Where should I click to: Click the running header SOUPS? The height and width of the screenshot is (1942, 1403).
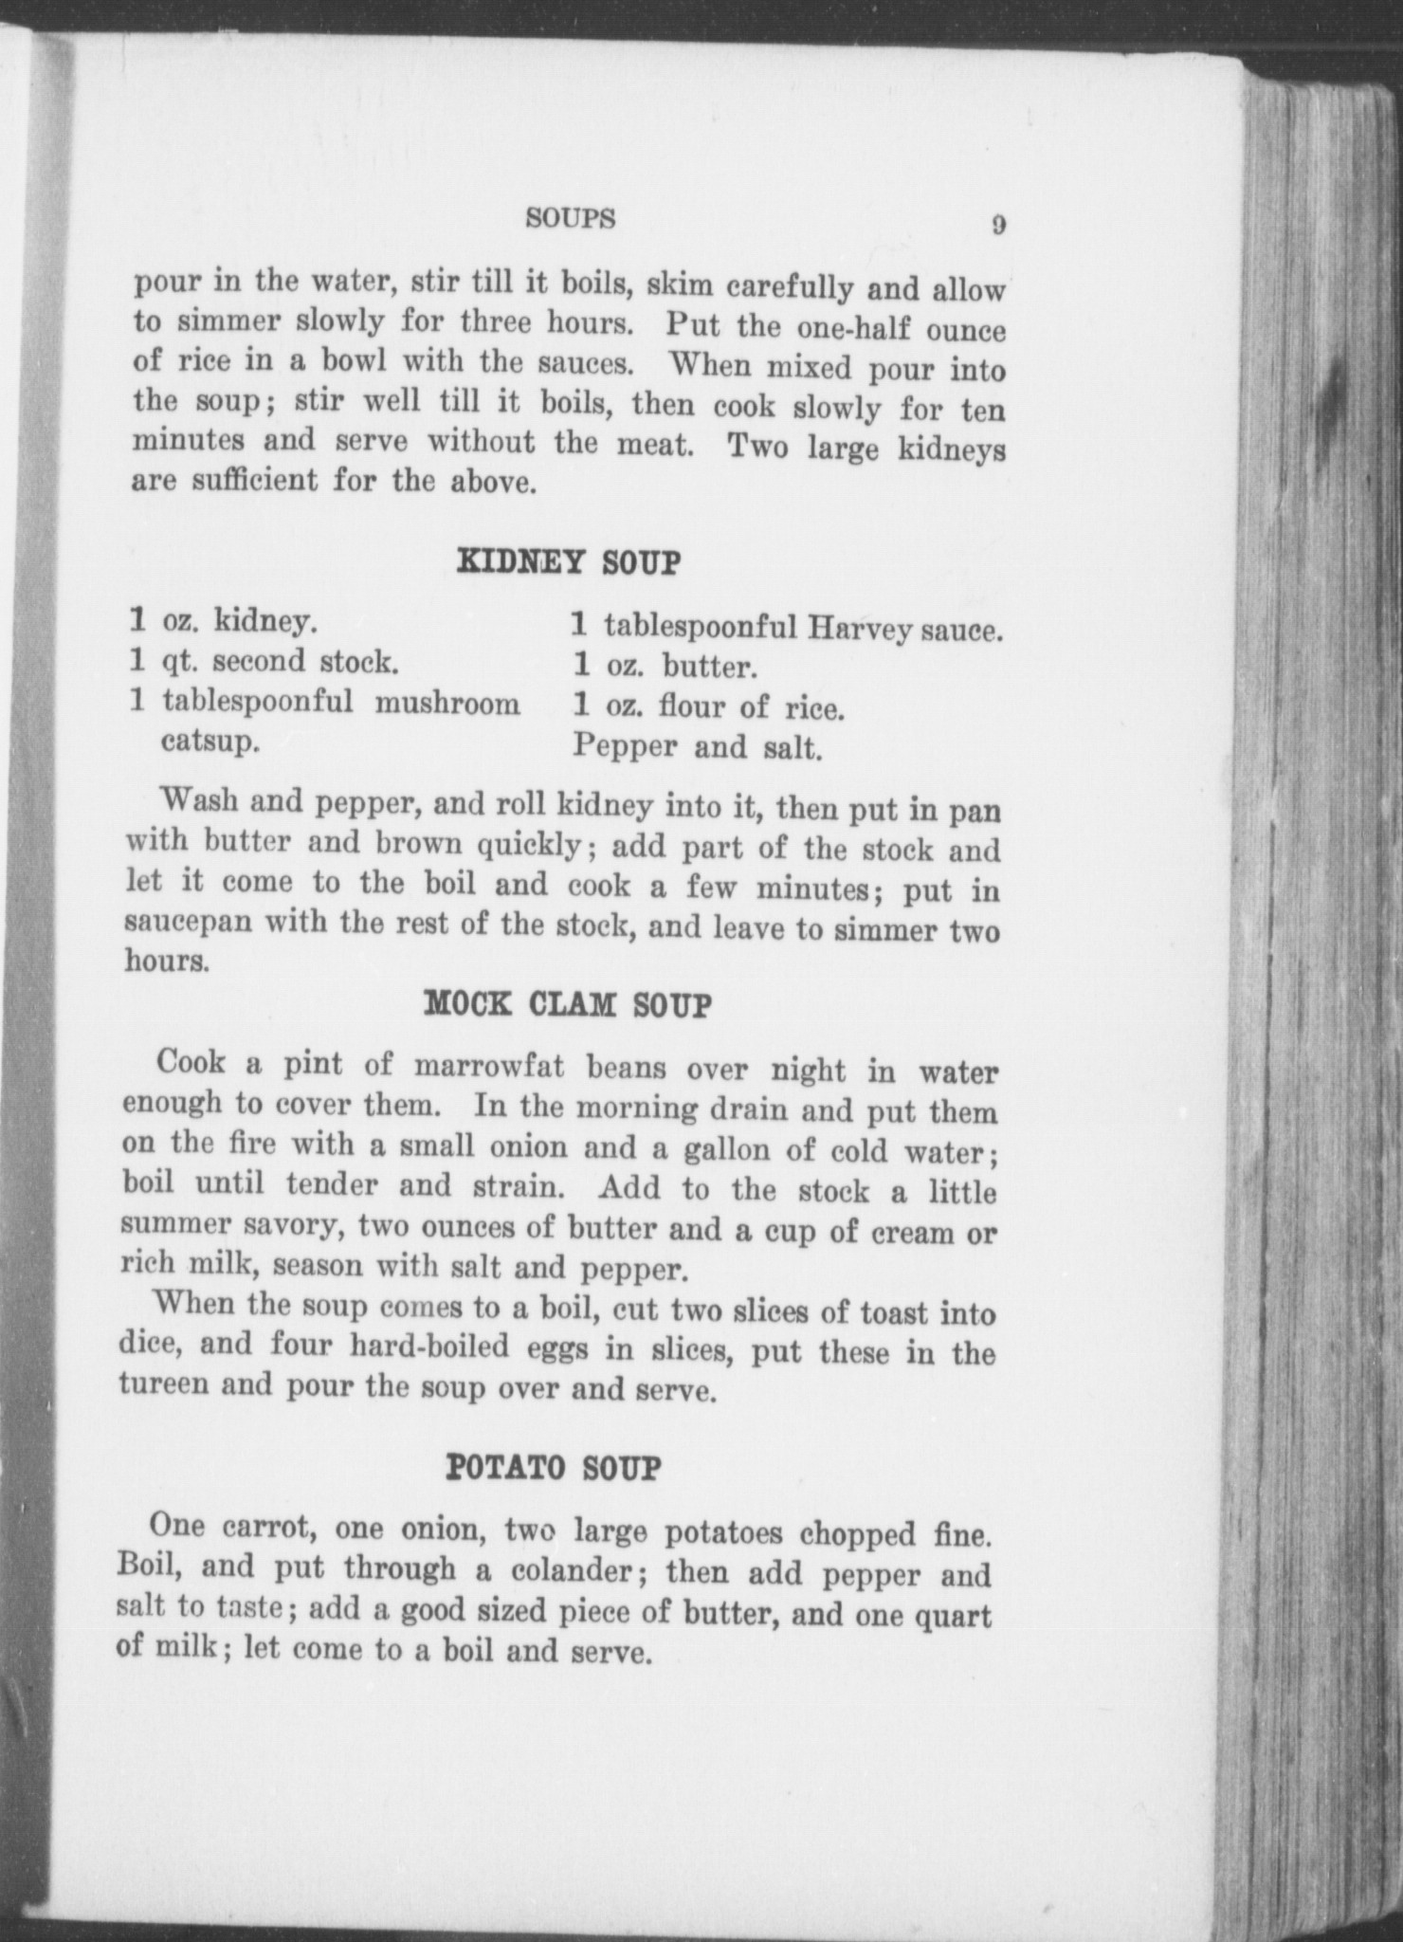pos(571,219)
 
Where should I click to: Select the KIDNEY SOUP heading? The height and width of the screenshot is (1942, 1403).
pos(569,562)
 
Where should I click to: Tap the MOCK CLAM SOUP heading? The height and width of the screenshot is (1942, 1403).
pos(566,1004)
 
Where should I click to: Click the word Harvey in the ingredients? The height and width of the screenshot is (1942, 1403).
pos(861,627)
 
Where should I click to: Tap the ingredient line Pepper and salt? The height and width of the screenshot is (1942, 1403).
pos(696,747)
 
